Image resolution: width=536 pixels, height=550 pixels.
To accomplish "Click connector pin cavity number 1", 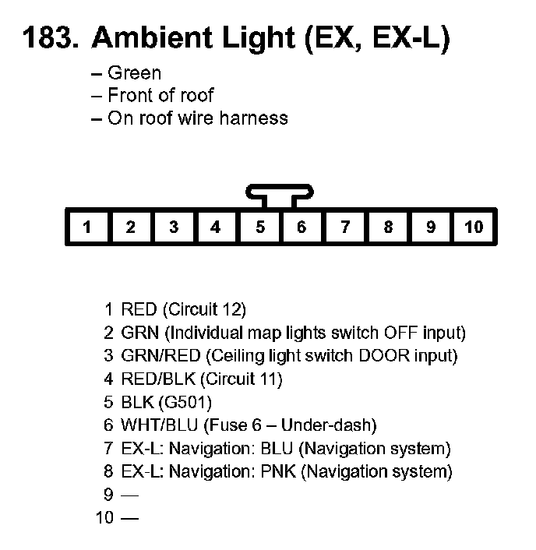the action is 87,227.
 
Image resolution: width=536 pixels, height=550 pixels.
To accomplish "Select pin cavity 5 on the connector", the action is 259,227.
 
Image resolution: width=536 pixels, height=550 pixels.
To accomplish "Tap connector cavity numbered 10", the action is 474,227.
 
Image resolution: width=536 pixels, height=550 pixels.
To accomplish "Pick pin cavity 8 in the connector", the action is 388,227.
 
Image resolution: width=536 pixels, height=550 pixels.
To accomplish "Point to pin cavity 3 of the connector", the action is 173,227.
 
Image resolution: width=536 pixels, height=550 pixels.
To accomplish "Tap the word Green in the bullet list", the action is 134,73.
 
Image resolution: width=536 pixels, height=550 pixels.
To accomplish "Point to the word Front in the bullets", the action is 128,96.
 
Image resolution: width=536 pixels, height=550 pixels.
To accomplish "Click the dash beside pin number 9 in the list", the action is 130,495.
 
